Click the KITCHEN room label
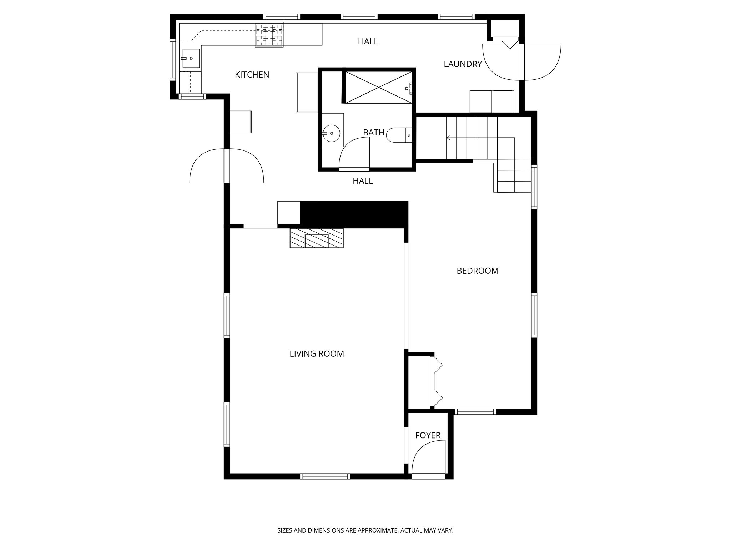click(252, 75)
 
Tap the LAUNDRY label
click(463, 64)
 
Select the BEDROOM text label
click(477, 271)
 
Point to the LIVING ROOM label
click(317, 354)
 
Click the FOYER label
click(428, 435)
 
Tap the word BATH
click(373, 133)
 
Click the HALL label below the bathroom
click(363, 181)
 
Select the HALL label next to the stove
click(368, 41)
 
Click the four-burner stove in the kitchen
click(269, 35)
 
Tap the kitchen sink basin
click(191, 58)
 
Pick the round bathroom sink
click(332, 133)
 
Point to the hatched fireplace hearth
click(316, 238)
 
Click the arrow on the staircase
click(449, 138)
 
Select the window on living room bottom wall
click(325, 476)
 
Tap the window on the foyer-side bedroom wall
click(476, 412)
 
